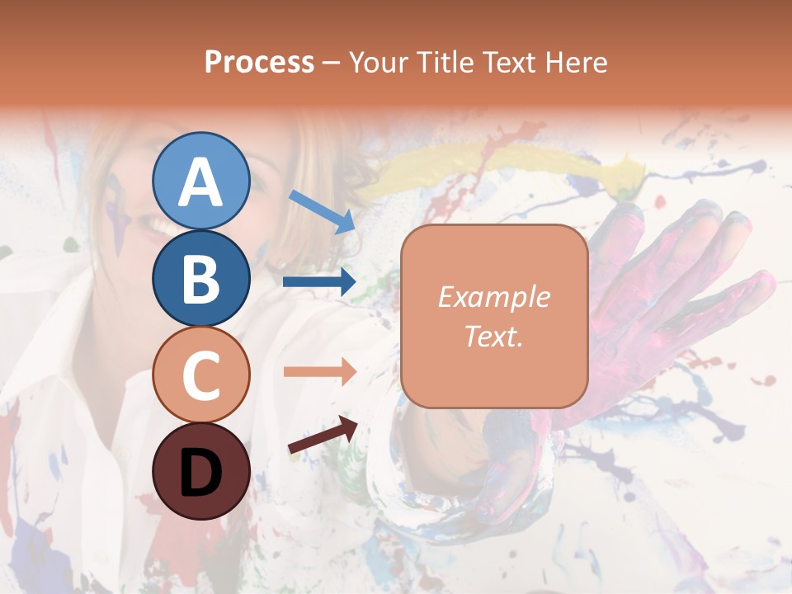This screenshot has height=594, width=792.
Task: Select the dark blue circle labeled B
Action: tap(200, 278)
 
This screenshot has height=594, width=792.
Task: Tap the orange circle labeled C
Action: tap(200, 375)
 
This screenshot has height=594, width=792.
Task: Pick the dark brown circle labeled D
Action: tap(200, 471)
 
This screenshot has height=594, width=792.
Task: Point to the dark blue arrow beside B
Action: tap(319, 282)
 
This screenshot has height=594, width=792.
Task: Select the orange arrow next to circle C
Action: tap(319, 372)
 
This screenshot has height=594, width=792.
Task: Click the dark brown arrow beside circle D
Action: tap(323, 435)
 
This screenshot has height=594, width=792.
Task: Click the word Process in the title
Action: tap(259, 62)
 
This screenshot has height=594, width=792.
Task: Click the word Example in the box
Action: tap(493, 297)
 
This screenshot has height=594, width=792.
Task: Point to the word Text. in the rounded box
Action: tap(493, 337)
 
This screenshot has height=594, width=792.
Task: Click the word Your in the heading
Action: tap(375, 62)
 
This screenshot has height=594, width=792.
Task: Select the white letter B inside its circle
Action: tap(200, 278)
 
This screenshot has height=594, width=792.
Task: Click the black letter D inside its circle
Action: tap(200, 473)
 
